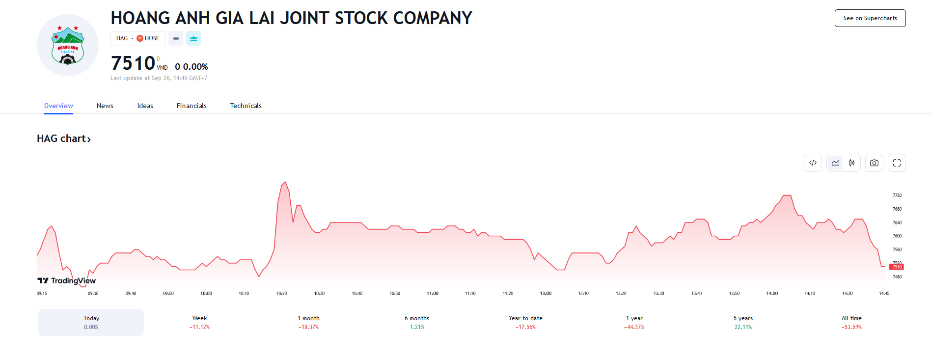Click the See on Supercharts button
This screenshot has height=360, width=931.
point(870,18)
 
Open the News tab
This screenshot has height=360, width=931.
point(105,106)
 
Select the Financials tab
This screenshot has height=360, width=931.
point(192,106)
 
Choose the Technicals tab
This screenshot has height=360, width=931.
point(246,106)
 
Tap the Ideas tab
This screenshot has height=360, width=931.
point(145,106)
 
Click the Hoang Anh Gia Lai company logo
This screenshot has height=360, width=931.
point(68,45)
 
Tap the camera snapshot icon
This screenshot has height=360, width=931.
point(874,163)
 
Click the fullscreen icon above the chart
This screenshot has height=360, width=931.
point(897,163)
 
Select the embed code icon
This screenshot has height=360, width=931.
point(813,163)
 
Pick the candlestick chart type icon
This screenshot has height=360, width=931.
point(852,163)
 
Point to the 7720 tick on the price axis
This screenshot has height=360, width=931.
point(897,195)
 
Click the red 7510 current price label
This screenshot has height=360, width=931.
point(897,267)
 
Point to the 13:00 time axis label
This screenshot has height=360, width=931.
point(546,293)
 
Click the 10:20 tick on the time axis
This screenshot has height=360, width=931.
point(281,293)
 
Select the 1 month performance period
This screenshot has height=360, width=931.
point(308,322)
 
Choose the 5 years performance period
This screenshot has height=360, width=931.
point(743,322)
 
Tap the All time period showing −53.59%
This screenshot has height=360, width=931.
point(851,322)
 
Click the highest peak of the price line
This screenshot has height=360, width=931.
point(285,182)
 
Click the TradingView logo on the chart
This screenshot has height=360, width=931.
point(67,280)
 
